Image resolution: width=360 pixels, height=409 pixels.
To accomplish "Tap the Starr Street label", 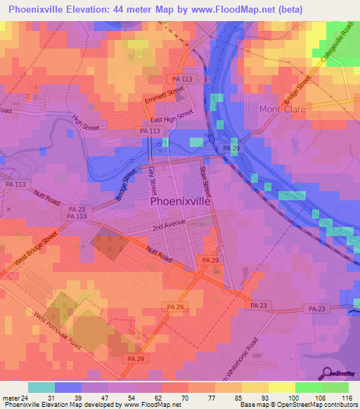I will (x=206, y=179).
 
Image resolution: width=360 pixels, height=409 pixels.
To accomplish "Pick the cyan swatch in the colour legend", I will (x=41, y=387).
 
